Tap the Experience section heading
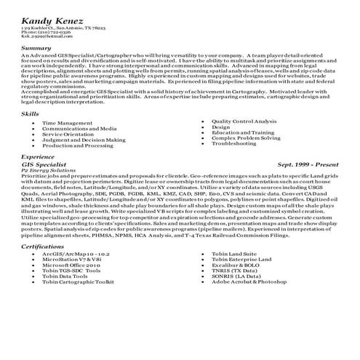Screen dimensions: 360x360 pos(38,156)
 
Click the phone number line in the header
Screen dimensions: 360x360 pos(46,32)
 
